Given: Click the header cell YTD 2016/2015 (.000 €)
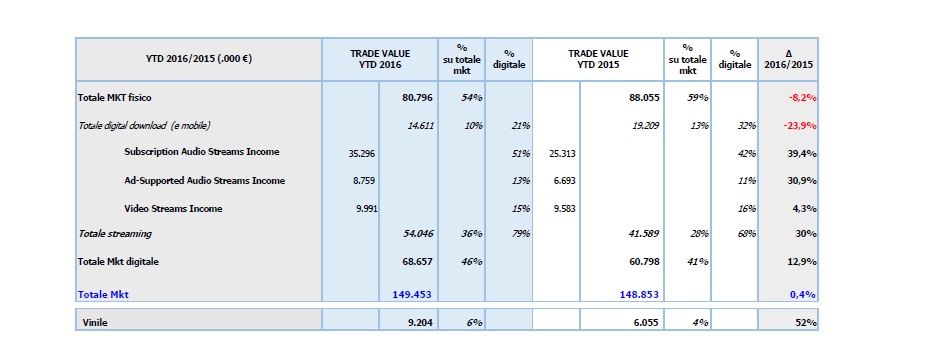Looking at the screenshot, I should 198,59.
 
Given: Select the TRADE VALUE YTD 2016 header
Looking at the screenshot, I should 379,59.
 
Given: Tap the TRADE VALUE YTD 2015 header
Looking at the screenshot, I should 598,59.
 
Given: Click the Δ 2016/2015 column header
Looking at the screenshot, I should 788,59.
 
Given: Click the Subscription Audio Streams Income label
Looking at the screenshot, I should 202,152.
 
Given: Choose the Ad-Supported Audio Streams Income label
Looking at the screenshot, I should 205,181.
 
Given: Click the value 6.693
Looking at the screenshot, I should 564,181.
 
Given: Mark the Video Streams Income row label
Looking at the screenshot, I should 173,209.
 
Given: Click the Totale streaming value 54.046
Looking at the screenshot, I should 415,233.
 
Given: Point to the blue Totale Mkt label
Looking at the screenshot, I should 104,294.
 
